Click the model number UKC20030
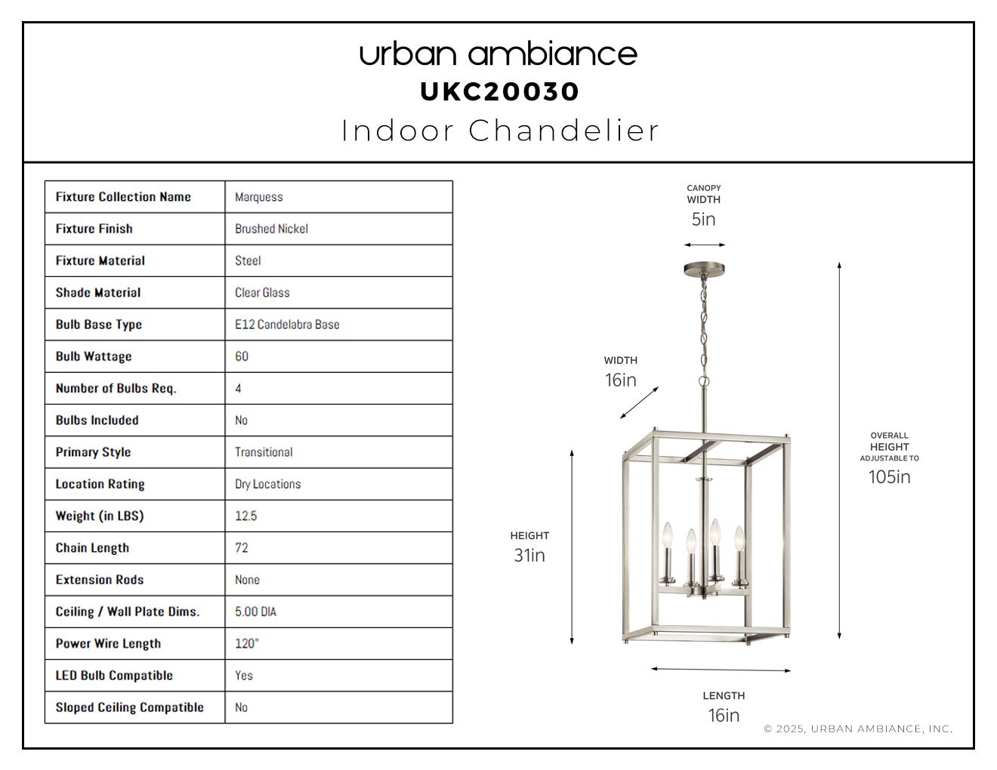click(499, 91)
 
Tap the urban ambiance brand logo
click(498, 54)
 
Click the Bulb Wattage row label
click(94, 356)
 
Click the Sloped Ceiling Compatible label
click(130, 707)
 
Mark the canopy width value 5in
click(703, 220)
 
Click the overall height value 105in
click(889, 477)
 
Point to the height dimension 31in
click(529, 556)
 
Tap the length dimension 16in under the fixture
click(724, 716)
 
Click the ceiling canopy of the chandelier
click(704, 269)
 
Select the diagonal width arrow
click(639, 402)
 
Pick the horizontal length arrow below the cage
click(721, 669)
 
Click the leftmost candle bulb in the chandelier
click(667, 535)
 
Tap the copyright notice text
click(858, 728)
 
